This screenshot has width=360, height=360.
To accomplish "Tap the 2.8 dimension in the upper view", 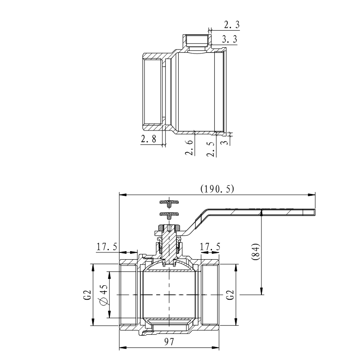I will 148,139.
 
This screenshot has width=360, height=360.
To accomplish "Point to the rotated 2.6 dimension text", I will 189,147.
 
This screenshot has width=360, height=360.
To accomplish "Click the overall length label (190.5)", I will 217,189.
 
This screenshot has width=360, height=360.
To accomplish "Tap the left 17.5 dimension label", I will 107,247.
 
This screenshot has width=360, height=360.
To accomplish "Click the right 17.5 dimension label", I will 210,247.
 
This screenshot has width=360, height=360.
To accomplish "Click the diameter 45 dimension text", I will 102,295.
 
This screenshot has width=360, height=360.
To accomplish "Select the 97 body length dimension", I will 169,342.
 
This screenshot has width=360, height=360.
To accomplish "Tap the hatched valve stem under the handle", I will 169,243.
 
